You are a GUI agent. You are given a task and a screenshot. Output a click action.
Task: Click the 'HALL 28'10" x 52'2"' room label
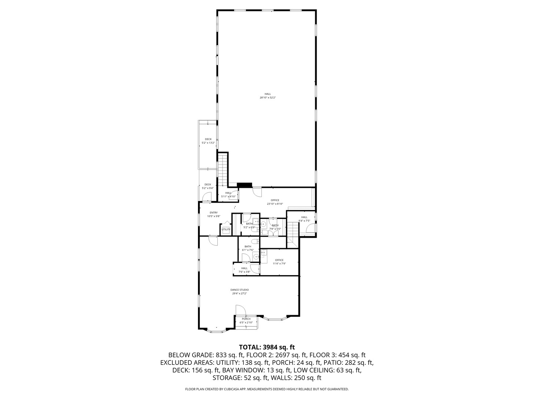pos(267,96)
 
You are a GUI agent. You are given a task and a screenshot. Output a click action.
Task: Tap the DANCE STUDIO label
pos(240,291)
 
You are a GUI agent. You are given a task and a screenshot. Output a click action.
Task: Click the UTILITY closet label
pos(226,229)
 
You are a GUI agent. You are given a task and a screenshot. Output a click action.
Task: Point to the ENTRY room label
pos(214,214)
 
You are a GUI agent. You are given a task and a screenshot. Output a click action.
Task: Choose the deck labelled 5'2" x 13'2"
pos(208,141)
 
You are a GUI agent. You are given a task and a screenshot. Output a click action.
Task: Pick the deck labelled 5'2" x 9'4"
pos(207,186)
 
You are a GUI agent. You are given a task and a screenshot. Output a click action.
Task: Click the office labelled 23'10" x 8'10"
pos(275,202)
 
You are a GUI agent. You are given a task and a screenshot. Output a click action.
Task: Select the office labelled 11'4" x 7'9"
pos(279,261)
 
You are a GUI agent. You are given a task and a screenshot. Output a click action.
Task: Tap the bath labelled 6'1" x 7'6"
pos(248,248)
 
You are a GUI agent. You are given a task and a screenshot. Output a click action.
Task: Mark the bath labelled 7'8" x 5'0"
pos(275,227)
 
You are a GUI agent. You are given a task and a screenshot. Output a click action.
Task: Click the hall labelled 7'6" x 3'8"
pos(244,270)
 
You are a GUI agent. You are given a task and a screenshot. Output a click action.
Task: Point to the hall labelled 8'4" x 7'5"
pos(304,219)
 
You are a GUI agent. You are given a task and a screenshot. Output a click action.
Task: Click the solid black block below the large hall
pos(244,185)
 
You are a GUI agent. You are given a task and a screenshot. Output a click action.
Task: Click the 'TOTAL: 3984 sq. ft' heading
pos(267,347)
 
